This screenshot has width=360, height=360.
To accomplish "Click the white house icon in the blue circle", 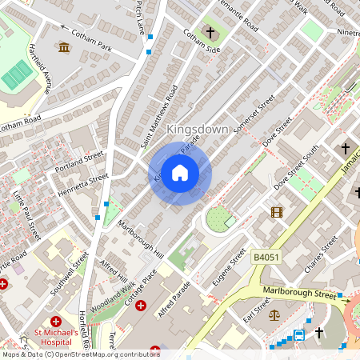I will coord(180,173).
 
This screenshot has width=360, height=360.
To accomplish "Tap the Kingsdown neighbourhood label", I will coord(197,129).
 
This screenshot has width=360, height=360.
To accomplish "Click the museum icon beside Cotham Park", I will coord(63,48).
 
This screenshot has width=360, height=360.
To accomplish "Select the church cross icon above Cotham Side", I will coord(211,33).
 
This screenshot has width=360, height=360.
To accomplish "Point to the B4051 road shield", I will coord(266,257).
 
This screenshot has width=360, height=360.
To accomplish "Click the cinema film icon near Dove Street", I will coord(277,212).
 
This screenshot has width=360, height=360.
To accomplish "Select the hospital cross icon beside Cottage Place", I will coord(141,306).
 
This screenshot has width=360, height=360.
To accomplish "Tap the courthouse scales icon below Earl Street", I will coord(276,316).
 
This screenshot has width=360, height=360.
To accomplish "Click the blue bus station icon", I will coord(299,334).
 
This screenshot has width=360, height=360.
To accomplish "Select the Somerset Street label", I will coord(254,116).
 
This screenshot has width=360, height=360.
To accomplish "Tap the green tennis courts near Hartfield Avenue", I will coord(17,75).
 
